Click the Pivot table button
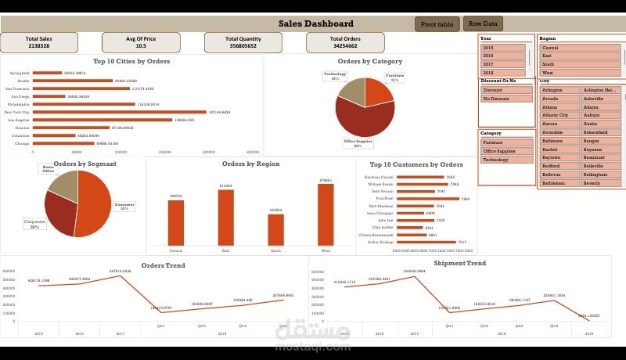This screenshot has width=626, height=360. pos(437,24)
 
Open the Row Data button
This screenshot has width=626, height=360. pos(483,23)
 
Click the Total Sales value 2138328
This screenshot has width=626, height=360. pos(38,46)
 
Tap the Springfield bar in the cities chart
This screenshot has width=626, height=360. pos(47,73)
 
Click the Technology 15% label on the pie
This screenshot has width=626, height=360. pos(335,76)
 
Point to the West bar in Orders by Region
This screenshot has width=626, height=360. pos(326,214)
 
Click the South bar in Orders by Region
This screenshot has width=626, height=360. pos(275,229)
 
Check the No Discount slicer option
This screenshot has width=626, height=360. pos(502,99)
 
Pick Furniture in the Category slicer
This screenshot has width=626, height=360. pos(502,142)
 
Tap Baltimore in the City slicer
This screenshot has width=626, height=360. pos(559,141)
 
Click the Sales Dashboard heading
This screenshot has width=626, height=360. pos(316,23)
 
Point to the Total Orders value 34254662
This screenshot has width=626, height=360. pos(345,46)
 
